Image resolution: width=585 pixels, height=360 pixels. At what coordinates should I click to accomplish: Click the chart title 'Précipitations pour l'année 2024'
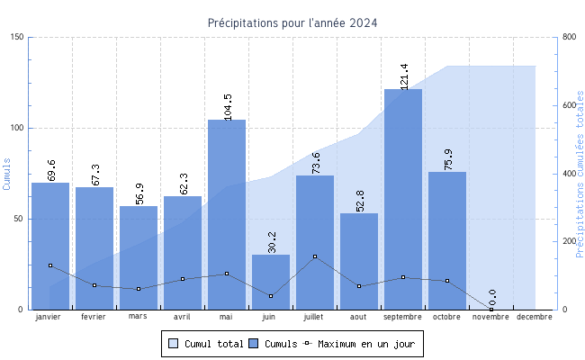click(292, 23)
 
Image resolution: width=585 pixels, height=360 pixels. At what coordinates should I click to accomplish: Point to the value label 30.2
click(272, 241)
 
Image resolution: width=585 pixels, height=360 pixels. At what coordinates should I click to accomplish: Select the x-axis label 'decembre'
click(535, 317)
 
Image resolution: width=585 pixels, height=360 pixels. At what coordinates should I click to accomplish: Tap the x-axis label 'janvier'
click(50, 317)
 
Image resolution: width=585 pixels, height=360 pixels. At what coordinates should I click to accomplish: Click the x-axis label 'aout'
click(359, 317)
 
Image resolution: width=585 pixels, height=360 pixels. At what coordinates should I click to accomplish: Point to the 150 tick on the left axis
click(18, 37)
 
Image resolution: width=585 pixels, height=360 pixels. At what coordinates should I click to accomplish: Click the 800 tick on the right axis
click(568, 37)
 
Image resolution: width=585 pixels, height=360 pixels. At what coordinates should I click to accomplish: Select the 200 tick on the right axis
click(568, 241)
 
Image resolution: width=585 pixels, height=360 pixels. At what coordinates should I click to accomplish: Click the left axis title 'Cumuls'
click(7, 173)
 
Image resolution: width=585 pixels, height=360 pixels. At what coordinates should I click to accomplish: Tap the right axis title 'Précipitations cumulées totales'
click(580, 173)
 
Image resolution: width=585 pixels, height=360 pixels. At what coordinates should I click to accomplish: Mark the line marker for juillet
click(315, 256)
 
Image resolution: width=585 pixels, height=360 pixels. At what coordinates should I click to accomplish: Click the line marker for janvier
click(50, 265)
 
